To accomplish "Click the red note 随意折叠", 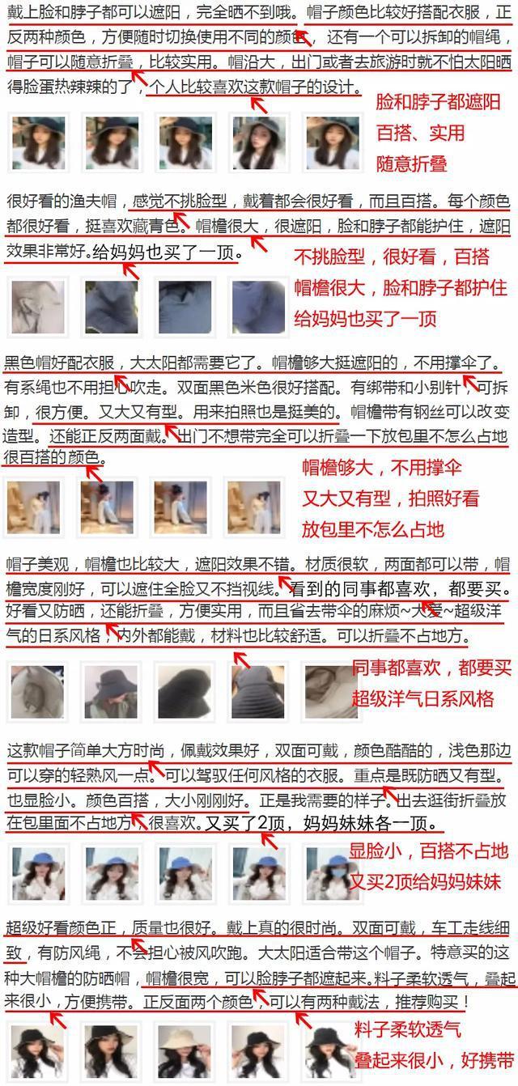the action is click(x=411, y=163).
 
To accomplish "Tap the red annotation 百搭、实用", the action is click(x=421, y=133).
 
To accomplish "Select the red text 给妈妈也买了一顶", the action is click(x=365, y=319).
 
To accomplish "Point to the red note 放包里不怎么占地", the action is click(x=373, y=529).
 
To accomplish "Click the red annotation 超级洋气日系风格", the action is click(x=422, y=698).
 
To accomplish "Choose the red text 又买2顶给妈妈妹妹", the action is click(x=425, y=882).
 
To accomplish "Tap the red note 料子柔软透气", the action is click(x=407, y=1029).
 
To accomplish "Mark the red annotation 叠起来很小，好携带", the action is click(x=434, y=1060).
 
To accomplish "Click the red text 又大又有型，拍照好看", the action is click(x=391, y=498).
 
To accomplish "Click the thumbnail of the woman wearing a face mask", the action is click(x=332, y=874).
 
